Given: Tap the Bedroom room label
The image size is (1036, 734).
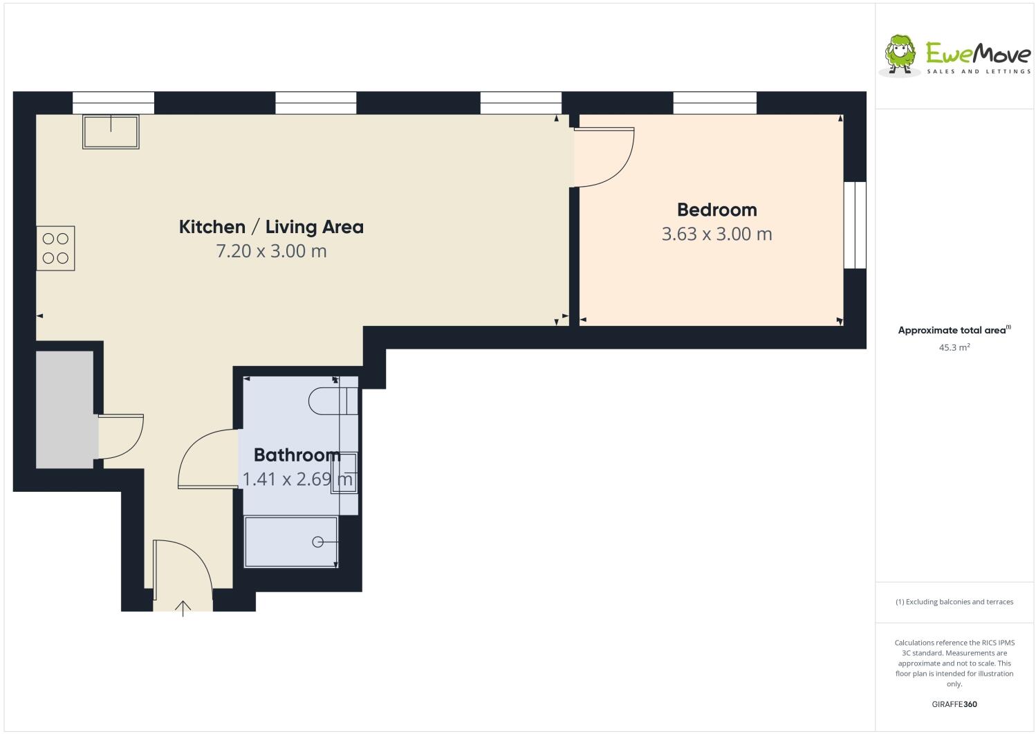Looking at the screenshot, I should pos(716,210).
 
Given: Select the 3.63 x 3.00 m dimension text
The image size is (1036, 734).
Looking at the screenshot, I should pos(716,234).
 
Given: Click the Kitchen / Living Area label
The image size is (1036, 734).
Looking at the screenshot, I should pos(271,227).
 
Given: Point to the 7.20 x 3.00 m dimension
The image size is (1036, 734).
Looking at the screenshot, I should pos(271,250).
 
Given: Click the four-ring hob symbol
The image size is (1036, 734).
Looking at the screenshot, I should pos(55,248).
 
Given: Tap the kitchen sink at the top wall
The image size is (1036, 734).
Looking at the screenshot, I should pos(111,131).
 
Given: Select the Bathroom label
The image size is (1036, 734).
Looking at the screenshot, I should pos(297,455).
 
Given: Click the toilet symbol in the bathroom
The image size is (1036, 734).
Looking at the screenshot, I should pos(333,401).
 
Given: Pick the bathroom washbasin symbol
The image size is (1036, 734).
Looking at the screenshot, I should pos(344,472).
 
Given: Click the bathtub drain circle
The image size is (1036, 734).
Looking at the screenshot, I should pos(317,542).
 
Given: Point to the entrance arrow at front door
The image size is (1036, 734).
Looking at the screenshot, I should pos(183,608).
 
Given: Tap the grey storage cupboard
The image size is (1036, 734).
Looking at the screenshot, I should pos(64,410).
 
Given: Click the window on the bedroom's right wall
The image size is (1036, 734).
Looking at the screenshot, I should pos(855,225).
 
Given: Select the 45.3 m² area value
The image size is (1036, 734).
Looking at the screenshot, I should pos(954,347).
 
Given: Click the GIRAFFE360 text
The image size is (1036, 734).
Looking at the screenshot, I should pos(954,704).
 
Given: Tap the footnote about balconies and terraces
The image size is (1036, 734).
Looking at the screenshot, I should pos(954,601).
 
